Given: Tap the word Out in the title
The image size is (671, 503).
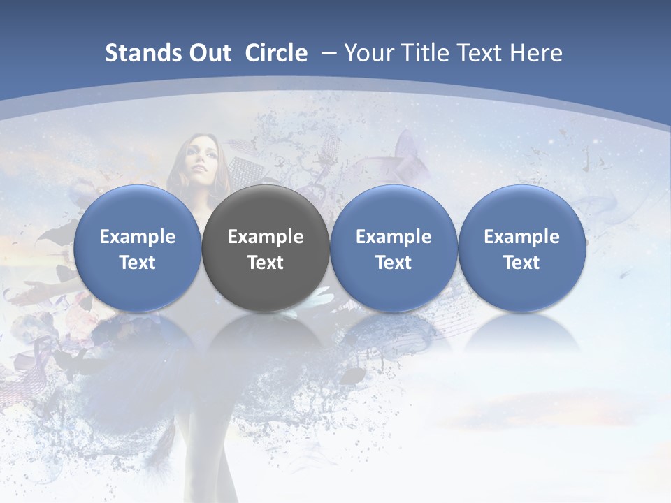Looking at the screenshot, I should tap(209, 54).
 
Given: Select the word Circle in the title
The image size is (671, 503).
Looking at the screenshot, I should tap(276, 54).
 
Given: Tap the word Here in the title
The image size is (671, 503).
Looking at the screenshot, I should tap(538, 54).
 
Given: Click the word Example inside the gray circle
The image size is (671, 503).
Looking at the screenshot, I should tap(266, 237).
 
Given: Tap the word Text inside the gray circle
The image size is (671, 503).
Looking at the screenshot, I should tap(266, 263).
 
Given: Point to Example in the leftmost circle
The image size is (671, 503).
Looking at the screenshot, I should tap(137, 237).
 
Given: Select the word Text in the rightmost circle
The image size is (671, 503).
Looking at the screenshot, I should tap(521, 263).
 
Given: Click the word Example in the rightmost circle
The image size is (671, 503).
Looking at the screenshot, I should tap(521, 237).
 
